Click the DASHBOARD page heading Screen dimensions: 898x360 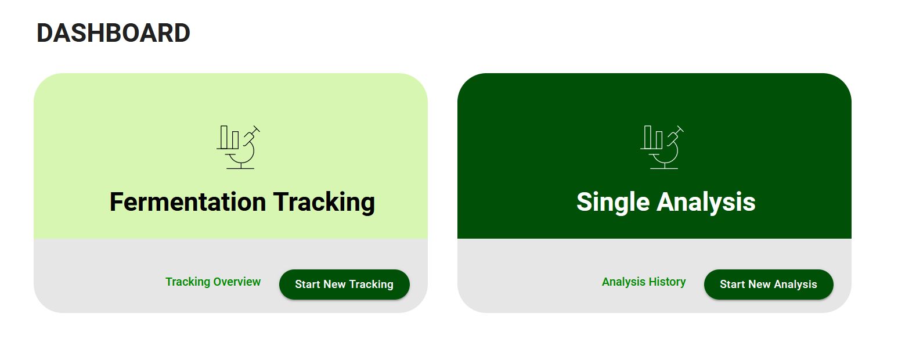(113, 33)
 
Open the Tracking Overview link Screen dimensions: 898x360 (213, 282)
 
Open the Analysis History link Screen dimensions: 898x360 (643, 282)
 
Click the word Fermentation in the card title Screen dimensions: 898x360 (187, 201)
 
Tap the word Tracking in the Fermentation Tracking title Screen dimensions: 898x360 (324, 203)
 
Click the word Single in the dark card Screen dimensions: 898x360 (613, 203)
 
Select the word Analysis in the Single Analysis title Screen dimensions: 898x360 (706, 203)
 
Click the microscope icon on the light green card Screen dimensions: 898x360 (238, 147)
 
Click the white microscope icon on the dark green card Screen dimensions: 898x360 (662, 147)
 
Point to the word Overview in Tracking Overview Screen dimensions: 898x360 (237, 282)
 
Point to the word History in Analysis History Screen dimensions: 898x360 (667, 282)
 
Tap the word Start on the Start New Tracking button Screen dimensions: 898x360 (308, 285)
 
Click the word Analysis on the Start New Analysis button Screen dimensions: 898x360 (795, 285)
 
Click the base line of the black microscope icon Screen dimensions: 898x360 (240, 168)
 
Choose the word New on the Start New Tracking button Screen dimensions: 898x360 (334, 285)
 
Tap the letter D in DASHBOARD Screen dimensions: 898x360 (45, 33)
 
